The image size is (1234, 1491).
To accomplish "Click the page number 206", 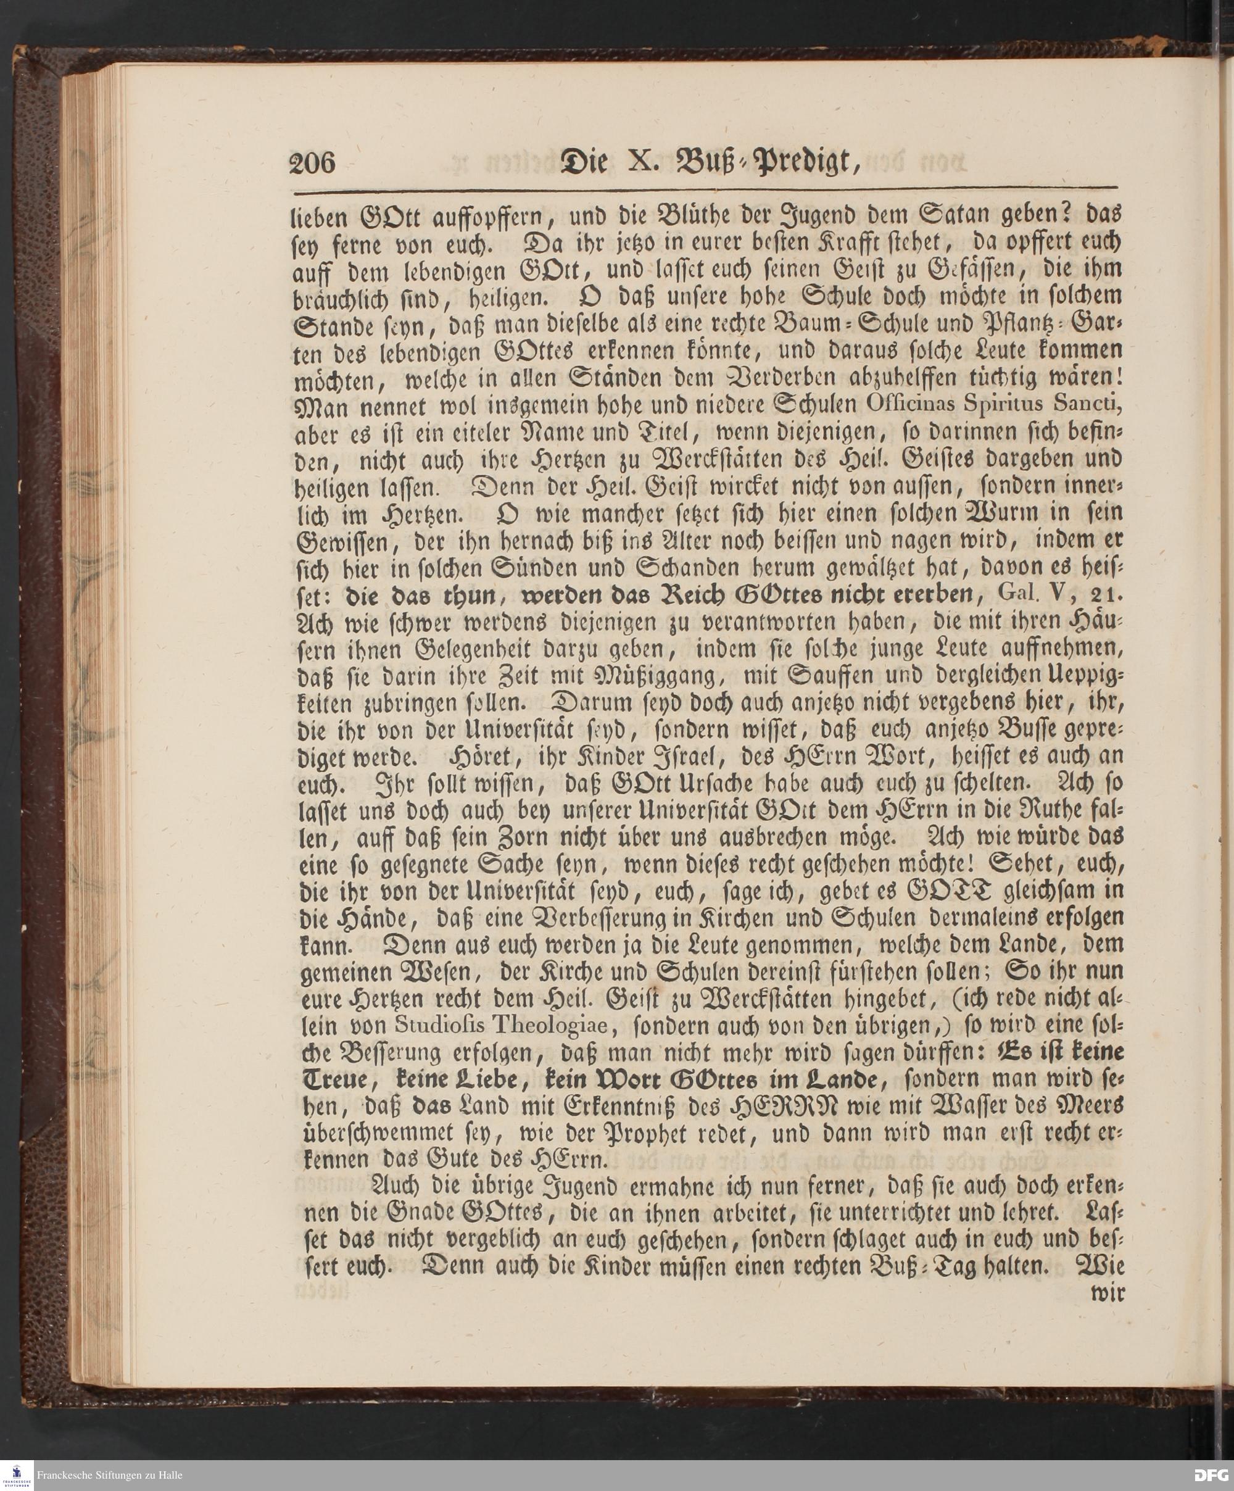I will pyautogui.click(x=312, y=164).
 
